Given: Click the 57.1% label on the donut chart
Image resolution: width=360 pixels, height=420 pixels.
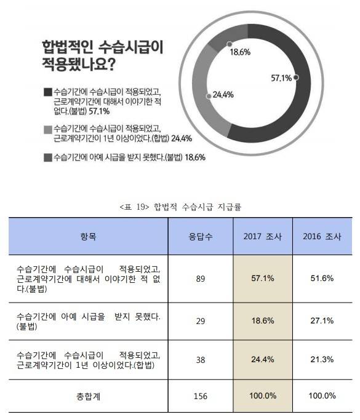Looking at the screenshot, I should (281, 78).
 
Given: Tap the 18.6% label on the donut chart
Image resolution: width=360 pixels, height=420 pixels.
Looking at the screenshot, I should (239, 52).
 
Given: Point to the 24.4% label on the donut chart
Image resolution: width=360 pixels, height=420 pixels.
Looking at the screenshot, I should (222, 95).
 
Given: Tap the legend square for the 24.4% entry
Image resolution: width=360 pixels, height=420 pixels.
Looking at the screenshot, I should (48, 129).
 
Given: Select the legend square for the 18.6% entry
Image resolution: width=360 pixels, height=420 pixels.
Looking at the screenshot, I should (48, 157).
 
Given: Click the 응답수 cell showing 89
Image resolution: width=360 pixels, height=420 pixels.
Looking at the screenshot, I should (200, 279).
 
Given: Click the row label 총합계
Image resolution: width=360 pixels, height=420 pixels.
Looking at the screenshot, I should (89, 396).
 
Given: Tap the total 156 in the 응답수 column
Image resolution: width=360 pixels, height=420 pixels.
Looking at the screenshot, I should (200, 396).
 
